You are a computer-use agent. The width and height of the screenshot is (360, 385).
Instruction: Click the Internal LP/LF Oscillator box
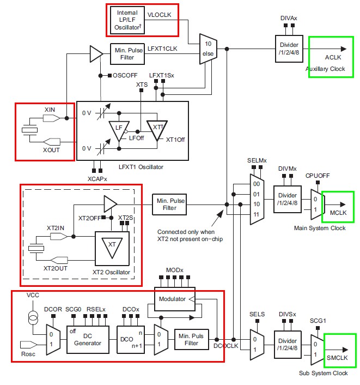pyautogui.click(x=128, y=20)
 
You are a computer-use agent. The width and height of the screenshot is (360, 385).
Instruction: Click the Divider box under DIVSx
pyautogui.click(x=289, y=344)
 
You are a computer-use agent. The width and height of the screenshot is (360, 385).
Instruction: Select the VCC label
pyautogui.click(x=33, y=295)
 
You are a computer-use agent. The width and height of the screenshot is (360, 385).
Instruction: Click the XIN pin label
pyautogui.click(x=50, y=111)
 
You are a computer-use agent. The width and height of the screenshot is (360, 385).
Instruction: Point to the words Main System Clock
pyautogui.click(x=319, y=227)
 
